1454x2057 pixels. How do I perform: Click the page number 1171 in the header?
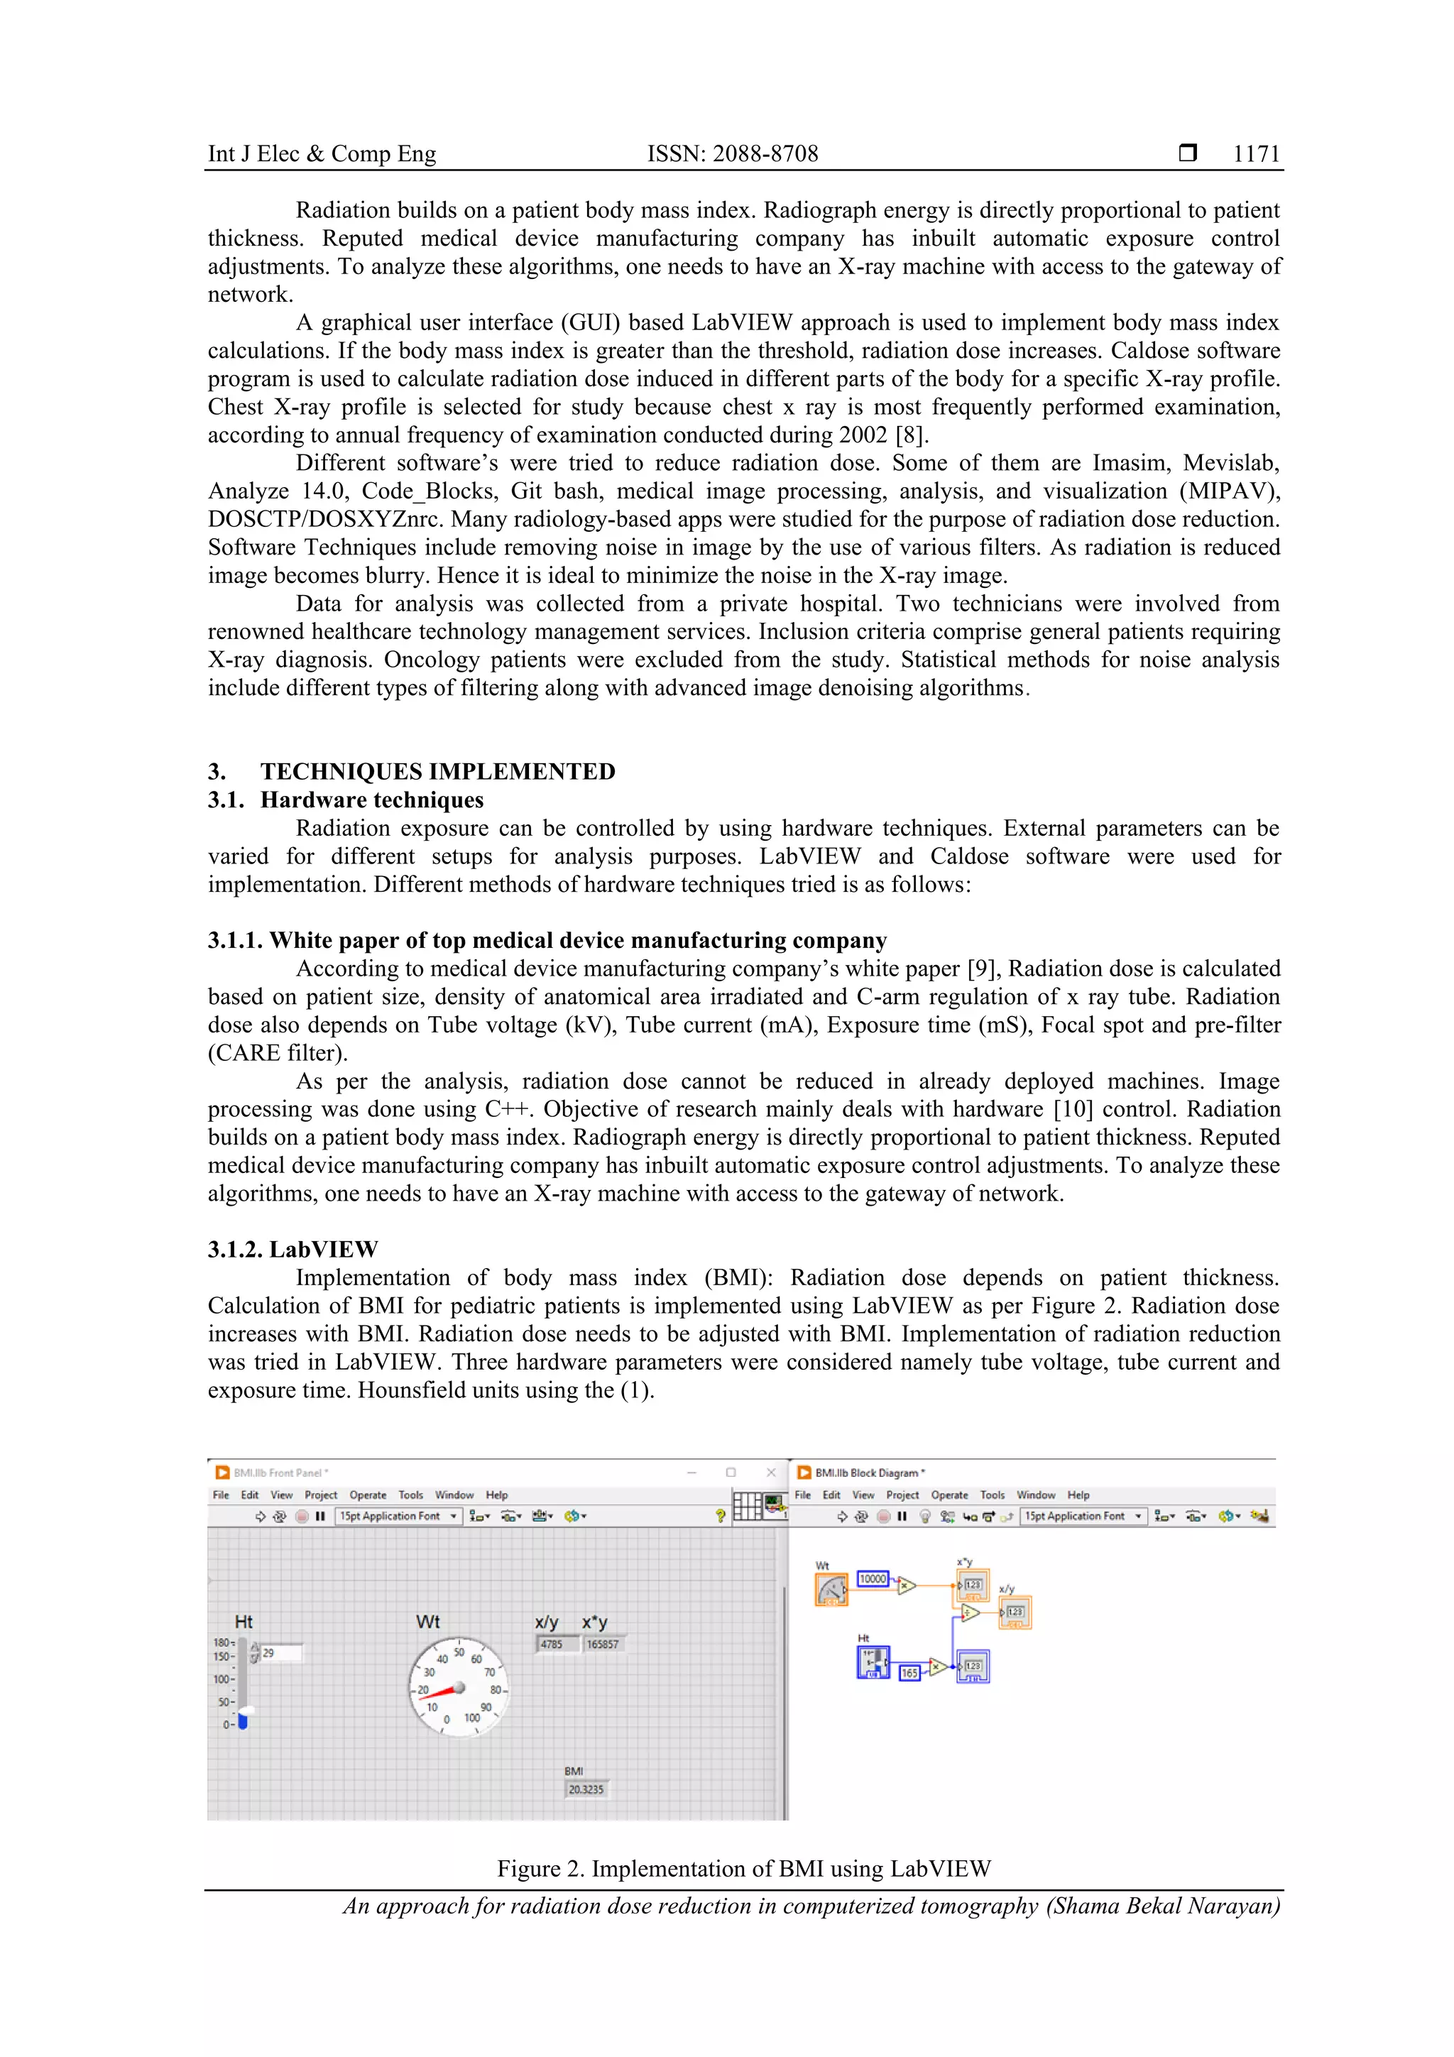click(1255, 153)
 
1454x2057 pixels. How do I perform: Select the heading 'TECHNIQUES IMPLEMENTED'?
click(437, 771)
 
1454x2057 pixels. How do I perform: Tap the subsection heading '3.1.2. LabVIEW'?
click(293, 1249)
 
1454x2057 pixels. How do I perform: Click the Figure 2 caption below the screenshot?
click(743, 1868)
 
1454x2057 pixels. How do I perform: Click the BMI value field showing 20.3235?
click(586, 1789)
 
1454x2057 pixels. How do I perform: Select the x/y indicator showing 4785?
click(553, 1644)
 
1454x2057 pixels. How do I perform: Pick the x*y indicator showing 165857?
click(602, 1644)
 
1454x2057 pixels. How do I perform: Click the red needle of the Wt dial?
click(439, 1691)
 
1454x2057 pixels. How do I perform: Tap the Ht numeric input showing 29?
click(280, 1653)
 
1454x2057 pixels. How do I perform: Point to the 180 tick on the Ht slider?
click(222, 1642)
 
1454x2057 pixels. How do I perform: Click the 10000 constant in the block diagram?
click(873, 1578)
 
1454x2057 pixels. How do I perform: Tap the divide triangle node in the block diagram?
click(969, 1613)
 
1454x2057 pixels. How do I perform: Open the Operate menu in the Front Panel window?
click(367, 1495)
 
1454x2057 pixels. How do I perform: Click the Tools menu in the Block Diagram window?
click(992, 1495)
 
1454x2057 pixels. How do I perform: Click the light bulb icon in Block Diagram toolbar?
click(924, 1516)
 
